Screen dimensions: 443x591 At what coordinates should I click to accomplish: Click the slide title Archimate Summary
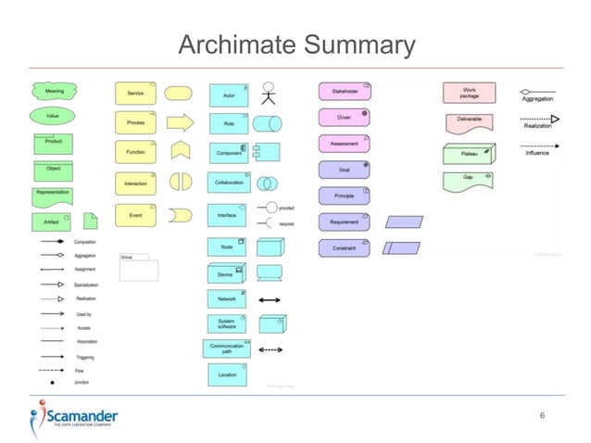pyautogui.click(x=295, y=44)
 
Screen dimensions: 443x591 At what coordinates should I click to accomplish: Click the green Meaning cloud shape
pyautogui.click(x=53, y=93)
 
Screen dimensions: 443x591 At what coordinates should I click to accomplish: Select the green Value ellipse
pyautogui.click(x=53, y=117)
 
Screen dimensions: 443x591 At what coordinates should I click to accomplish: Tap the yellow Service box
pyautogui.click(x=135, y=94)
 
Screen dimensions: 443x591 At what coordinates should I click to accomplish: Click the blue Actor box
pyautogui.click(x=228, y=95)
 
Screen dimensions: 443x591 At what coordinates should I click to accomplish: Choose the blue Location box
pyautogui.click(x=228, y=374)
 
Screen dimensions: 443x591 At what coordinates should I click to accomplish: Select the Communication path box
pyautogui.click(x=227, y=348)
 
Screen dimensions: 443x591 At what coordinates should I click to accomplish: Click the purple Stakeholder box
pyautogui.click(x=345, y=92)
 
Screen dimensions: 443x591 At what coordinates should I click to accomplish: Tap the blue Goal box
pyautogui.click(x=345, y=170)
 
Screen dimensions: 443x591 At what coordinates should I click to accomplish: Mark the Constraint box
pyautogui.click(x=345, y=248)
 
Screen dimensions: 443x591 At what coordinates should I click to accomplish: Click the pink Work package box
pyautogui.click(x=470, y=92)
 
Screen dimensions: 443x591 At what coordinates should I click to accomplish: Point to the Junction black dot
pyautogui.click(x=52, y=382)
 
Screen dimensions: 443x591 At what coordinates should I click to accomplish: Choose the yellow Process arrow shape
pyautogui.click(x=180, y=122)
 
